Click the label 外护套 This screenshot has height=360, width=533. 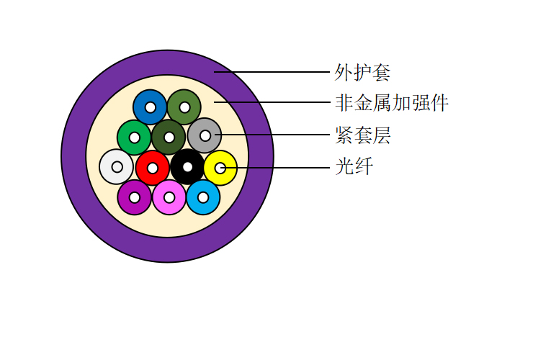tap(362, 73)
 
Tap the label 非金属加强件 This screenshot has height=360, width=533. tap(392, 103)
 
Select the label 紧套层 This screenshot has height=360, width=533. tap(363, 135)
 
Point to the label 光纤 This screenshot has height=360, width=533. tap(354, 166)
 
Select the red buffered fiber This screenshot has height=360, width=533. tap(152, 168)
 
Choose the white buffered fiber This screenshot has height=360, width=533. tap(117, 167)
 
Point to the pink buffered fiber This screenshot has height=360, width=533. tap(169, 197)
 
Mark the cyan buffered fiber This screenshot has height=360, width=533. tap(203, 197)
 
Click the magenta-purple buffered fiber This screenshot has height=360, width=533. tap(135, 197)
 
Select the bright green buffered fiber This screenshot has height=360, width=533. tap(134, 138)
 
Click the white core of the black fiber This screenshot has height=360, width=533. tap(187, 166)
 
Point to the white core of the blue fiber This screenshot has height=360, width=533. tap(150, 107)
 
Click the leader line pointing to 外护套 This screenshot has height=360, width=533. tap(272, 72)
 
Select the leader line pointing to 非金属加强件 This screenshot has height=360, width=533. tap(272, 102)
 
